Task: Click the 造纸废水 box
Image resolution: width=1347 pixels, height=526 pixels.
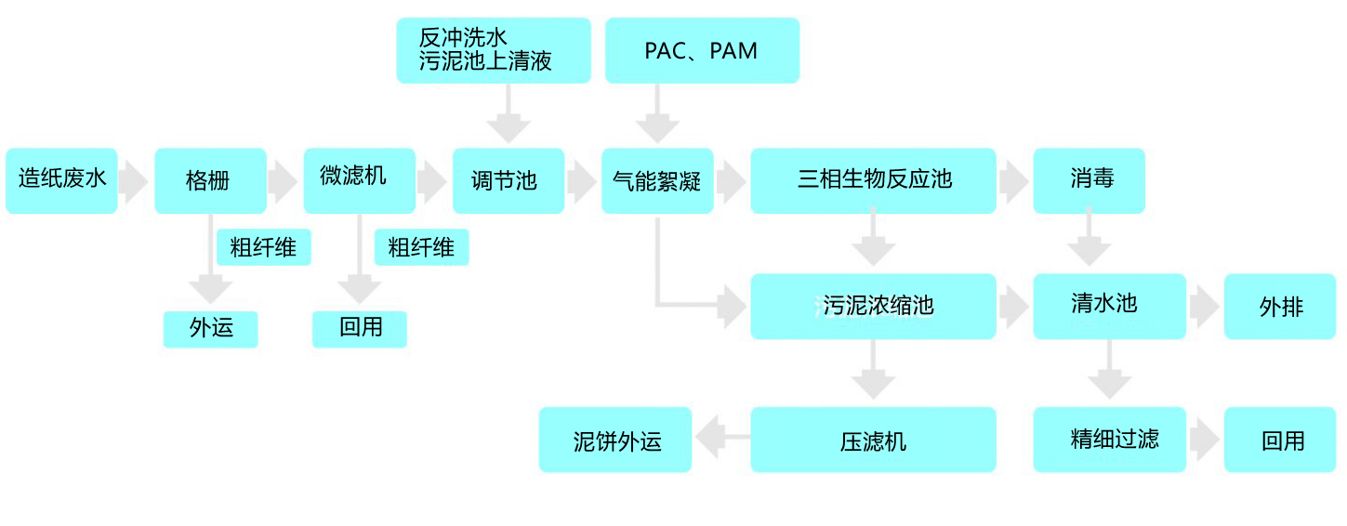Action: click(x=61, y=180)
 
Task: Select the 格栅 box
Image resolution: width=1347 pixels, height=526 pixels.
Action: click(x=210, y=180)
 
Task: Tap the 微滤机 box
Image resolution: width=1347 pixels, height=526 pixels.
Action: click(x=359, y=180)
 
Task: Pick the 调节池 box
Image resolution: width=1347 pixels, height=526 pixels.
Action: click(x=508, y=180)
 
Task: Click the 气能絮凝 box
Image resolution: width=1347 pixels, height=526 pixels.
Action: click(x=657, y=180)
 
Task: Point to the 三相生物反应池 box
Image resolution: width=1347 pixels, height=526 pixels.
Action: click(x=873, y=180)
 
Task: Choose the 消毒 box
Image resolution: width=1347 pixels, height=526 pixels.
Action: click(x=1089, y=180)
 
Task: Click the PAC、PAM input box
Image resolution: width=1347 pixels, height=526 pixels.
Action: click(x=702, y=50)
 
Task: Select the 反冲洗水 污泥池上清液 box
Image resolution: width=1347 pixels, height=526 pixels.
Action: click(x=493, y=50)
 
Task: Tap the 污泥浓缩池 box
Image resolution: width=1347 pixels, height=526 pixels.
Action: click(x=873, y=306)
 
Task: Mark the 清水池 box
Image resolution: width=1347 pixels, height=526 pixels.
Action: click(x=1109, y=306)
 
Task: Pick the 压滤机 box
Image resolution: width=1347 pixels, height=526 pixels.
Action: click(x=873, y=440)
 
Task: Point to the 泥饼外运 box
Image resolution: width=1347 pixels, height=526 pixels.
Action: click(x=615, y=440)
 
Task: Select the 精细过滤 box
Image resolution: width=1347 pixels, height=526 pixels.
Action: click(x=1109, y=440)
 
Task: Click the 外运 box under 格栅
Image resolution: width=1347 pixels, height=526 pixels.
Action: click(x=210, y=329)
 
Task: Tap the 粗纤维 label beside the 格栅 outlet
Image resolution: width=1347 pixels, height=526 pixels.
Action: click(x=263, y=247)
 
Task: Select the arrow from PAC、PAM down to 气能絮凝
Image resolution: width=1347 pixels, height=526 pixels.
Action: click(x=657, y=115)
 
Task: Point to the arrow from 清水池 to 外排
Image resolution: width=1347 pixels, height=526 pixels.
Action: click(x=1204, y=307)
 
